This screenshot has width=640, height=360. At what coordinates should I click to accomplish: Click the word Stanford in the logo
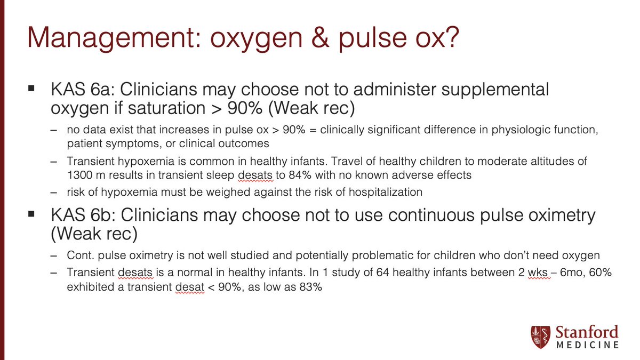point(587,332)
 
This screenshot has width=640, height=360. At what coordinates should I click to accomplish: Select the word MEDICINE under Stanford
point(587,346)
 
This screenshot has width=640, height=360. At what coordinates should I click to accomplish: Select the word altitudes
point(569,161)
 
